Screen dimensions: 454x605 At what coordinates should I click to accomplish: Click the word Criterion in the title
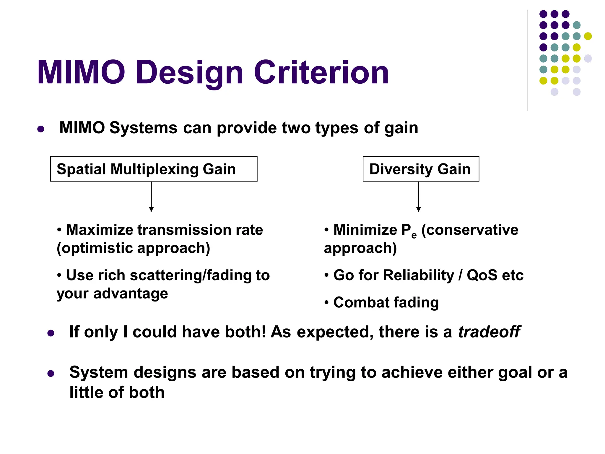321,72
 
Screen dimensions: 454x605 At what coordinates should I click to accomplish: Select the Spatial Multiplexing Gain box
154,169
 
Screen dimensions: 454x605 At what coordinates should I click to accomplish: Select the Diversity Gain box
421,169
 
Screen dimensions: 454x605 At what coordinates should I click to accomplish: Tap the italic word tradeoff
489,332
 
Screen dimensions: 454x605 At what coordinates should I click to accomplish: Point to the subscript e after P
414,235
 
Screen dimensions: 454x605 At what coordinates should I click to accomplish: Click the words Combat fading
386,302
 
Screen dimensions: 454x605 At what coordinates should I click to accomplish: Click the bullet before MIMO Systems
41,129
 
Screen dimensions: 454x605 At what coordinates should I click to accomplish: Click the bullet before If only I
51,333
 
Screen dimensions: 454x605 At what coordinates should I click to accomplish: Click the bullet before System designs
51,374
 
